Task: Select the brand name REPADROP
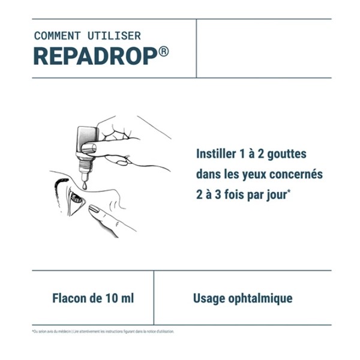(x=95, y=56)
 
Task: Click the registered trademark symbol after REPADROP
(x=164, y=51)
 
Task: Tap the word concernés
(x=298, y=174)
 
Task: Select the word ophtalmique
(x=260, y=298)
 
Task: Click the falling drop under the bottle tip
(x=85, y=186)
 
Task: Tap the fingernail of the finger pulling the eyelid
(x=95, y=209)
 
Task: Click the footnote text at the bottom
(x=103, y=331)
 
